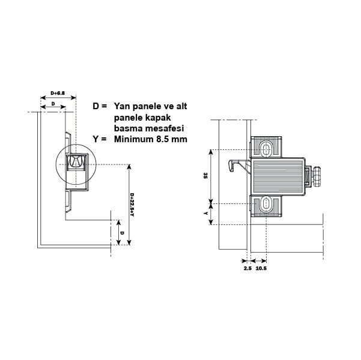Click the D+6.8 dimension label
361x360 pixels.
pyautogui.click(x=58, y=93)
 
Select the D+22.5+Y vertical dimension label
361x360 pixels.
pyautogui.click(x=132, y=205)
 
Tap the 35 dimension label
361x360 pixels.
pyautogui.click(x=205, y=176)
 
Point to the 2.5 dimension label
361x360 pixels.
pyautogui.click(x=247, y=268)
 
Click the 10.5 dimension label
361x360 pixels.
pyautogui.click(x=261, y=268)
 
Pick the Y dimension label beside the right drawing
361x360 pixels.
pyautogui.click(x=205, y=214)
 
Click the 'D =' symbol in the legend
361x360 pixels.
pyautogui.click(x=100, y=106)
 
